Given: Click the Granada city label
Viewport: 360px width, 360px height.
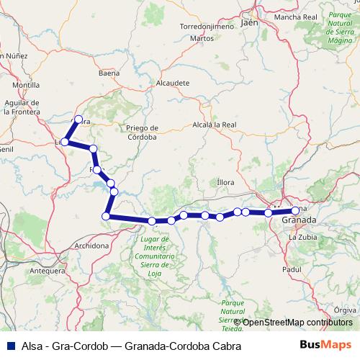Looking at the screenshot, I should coord(298,220).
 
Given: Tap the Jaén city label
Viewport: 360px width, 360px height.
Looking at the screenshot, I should coord(250,22).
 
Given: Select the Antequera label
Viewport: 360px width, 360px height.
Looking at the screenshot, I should coord(47,271).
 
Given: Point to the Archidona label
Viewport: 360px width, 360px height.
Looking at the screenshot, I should coord(91,246).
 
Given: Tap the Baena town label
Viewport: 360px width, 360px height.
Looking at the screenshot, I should coord(109,73).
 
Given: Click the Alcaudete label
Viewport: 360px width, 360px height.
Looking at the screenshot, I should coord(173,83).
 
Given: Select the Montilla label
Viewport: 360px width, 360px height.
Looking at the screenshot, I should coord(26,84).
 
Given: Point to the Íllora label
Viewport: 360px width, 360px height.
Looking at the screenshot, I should coord(225,182).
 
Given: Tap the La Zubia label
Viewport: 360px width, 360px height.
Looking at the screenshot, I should coord(303,236).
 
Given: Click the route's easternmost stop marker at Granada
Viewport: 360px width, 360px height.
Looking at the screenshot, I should coord(295,210).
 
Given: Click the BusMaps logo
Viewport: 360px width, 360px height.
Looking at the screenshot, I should coord(326,346).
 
